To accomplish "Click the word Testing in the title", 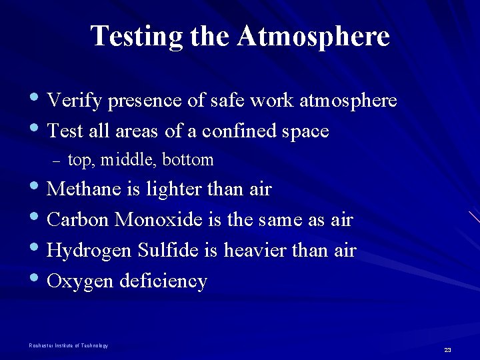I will click(137, 36).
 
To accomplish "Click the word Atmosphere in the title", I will click(313, 36).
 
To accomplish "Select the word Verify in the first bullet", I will click(75, 101).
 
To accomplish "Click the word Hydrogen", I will click(90, 251).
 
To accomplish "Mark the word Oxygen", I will click(81, 281).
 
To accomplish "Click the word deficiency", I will click(163, 281).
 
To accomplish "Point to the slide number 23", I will click(447, 350).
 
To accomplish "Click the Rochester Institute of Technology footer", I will click(68, 345).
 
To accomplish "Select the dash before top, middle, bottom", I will click(55, 161).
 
